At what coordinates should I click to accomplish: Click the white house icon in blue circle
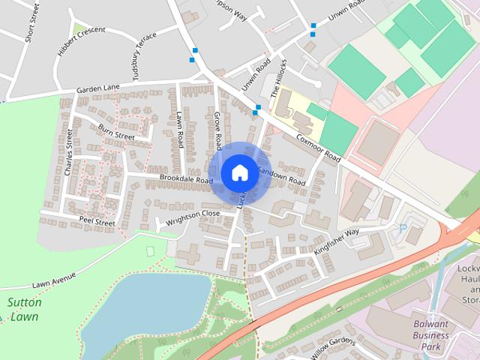coord(238,172)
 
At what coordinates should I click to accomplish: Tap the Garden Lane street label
coord(97,90)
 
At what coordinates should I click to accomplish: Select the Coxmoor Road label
coord(318,148)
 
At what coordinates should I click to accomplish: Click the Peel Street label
coord(97,222)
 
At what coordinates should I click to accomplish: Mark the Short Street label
coord(32,22)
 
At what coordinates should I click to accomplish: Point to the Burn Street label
coord(115,132)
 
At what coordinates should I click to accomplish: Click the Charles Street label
coord(69,152)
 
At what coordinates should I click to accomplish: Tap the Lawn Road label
coord(180,130)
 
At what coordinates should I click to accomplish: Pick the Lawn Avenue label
coord(54,280)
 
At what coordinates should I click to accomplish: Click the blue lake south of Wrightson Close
coord(150,304)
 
